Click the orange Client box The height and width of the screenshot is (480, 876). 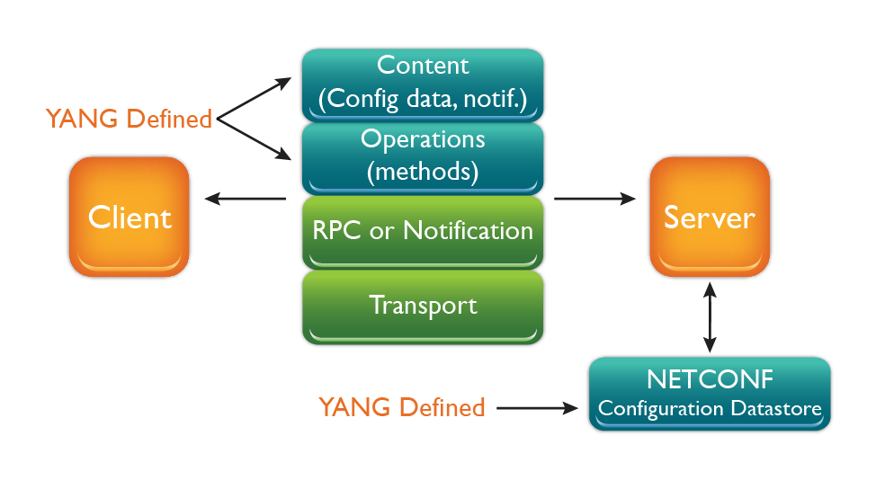point(130,217)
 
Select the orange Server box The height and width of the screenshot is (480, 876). point(710,217)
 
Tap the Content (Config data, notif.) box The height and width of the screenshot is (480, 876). point(423,83)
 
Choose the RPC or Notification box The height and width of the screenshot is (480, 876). point(423,230)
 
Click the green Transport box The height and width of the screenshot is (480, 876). point(423,306)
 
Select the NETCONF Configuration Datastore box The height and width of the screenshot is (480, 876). point(710,394)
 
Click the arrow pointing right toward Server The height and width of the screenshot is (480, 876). point(594,199)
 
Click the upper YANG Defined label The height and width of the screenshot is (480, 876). point(129,118)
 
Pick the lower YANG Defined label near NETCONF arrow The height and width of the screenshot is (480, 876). point(402,407)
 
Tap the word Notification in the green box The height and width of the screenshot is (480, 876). point(468,230)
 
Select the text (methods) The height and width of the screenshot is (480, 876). point(423,170)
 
